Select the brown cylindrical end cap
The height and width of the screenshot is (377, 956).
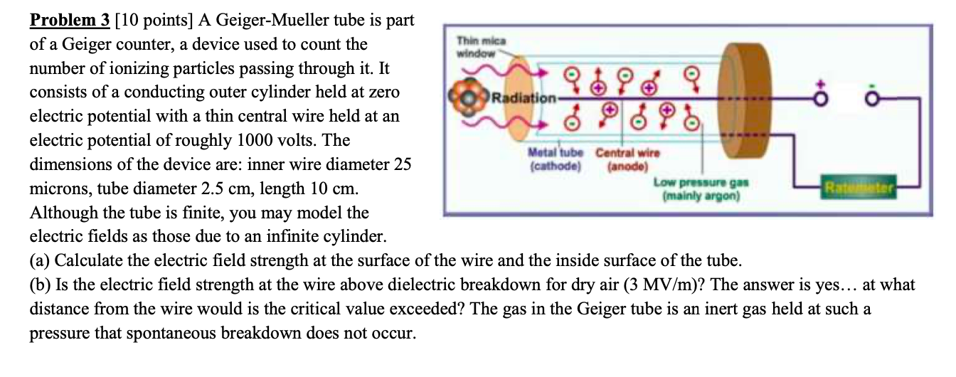741,100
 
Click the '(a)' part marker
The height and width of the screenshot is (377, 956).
41,260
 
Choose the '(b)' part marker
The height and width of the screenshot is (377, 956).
41,285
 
